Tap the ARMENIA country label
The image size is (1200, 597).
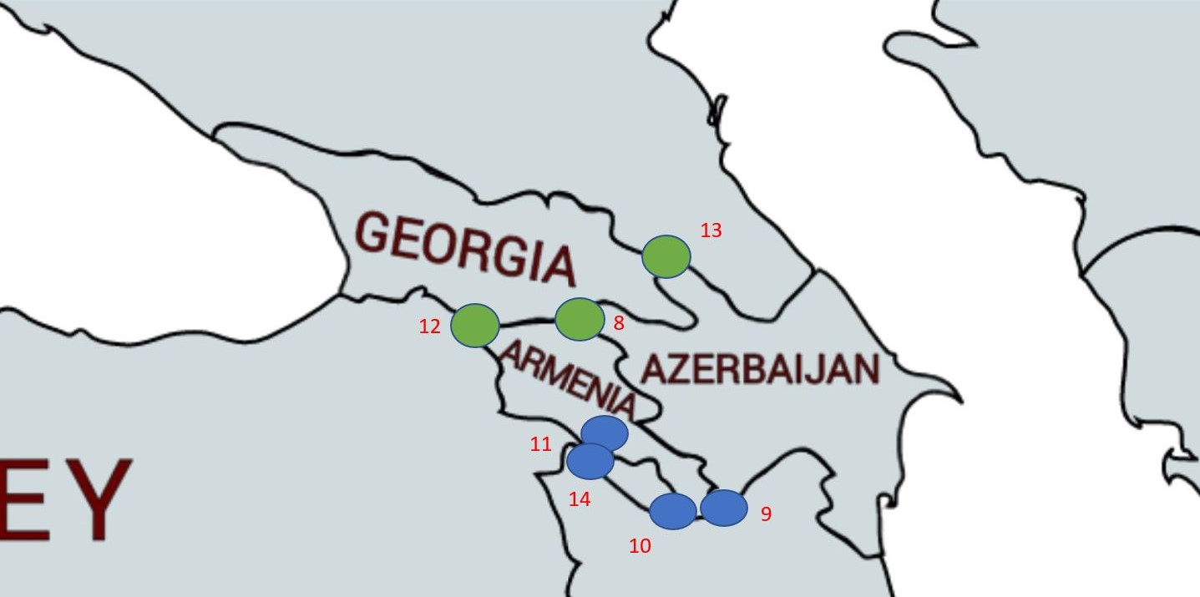(569, 381)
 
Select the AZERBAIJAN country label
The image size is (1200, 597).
(760, 368)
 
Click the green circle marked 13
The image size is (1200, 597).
(666, 256)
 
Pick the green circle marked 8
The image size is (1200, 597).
(580, 319)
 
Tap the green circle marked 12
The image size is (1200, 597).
(475, 325)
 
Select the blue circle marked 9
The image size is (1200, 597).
(723, 508)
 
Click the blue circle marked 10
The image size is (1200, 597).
(672, 511)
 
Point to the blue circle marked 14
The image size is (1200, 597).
(590, 462)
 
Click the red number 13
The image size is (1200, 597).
(711, 230)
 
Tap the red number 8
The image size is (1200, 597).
(619, 323)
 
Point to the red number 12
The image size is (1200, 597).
(429, 326)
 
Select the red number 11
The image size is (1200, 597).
(540, 444)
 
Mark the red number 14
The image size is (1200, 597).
(580, 499)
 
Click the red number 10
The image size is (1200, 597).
(640, 546)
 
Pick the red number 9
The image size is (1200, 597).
(766, 514)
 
